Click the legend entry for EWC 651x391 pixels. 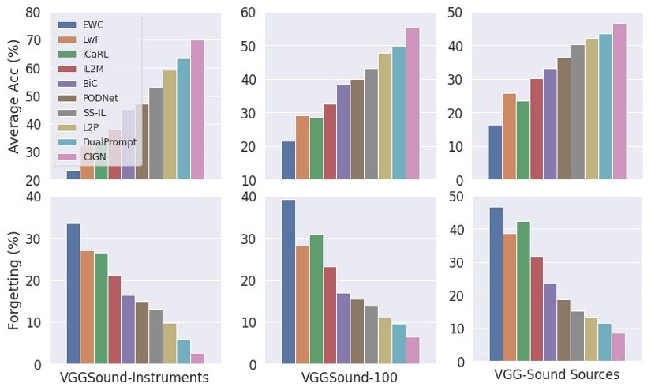(x=92, y=24)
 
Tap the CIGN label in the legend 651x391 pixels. (x=93, y=157)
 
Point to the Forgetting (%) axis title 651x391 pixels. (x=13, y=280)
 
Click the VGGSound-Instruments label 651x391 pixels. (x=134, y=378)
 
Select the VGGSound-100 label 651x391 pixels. (x=350, y=378)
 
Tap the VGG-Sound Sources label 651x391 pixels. (x=556, y=374)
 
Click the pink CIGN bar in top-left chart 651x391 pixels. (x=197, y=110)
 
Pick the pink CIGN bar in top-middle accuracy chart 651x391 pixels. (x=413, y=103)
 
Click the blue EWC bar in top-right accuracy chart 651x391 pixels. (x=495, y=152)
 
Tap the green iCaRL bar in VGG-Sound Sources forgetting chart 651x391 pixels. (x=522, y=292)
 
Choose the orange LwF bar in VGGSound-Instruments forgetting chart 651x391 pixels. (x=87, y=307)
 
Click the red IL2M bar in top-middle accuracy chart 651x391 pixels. (x=330, y=142)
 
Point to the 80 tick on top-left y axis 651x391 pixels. (x=34, y=13)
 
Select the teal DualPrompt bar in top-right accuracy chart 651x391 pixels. (x=605, y=107)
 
